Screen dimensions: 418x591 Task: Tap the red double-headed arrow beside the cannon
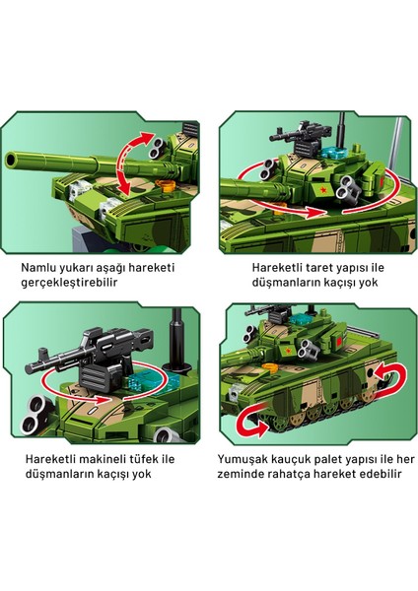124,164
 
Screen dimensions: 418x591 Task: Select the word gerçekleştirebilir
69,283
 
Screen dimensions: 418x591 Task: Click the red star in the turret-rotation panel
322,190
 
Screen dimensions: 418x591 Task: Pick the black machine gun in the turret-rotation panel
302,137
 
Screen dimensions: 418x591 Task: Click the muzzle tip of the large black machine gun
28,367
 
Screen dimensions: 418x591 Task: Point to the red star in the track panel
288,352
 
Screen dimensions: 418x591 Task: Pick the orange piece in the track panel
270,367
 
